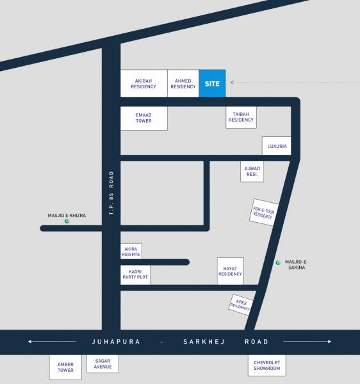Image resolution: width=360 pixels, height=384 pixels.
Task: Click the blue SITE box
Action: coord(212,83)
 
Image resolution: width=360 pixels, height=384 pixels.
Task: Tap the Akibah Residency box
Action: coord(143,83)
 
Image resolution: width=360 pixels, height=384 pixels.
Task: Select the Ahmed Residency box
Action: coord(183,83)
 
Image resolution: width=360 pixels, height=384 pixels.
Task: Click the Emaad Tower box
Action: coord(143,118)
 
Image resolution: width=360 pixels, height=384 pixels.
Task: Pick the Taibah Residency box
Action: coord(241,116)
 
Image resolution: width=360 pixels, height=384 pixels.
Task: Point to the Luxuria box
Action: coord(277,146)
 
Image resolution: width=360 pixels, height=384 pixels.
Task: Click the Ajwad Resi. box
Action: coord(251,171)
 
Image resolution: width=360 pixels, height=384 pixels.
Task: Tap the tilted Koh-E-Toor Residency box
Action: coord(263,212)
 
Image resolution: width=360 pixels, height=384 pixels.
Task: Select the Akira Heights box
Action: coord(131,251)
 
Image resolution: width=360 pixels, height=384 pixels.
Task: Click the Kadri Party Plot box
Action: coord(135,274)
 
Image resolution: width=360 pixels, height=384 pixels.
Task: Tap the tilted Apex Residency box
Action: coord(241,304)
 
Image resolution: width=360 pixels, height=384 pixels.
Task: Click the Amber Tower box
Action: coord(65,367)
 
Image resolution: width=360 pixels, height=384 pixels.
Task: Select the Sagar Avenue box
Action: coord(103,364)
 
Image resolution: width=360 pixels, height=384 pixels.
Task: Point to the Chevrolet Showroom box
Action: coord(267,365)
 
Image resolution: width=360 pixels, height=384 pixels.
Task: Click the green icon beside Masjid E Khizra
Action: coord(67,222)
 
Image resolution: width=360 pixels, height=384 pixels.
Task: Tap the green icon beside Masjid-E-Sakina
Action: coord(277,262)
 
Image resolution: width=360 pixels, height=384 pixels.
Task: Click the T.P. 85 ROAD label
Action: coord(111,193)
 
